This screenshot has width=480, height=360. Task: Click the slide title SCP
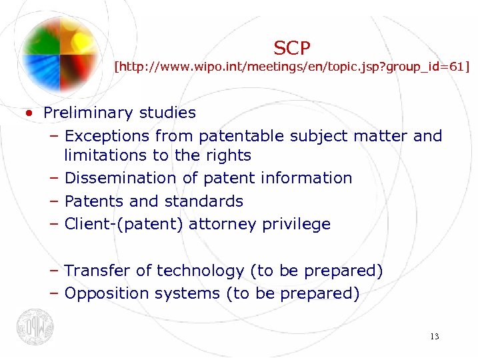point(292,47)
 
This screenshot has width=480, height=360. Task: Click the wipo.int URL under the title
point(292,67)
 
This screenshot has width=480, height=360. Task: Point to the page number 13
point(434,337)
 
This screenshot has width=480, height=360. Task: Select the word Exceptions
point(108,136)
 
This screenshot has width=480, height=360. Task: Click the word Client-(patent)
point(124,224)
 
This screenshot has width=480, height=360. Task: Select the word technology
point(200,271)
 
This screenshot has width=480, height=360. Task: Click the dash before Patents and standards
point(54,201)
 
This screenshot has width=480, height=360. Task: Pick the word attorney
point(225,224)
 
